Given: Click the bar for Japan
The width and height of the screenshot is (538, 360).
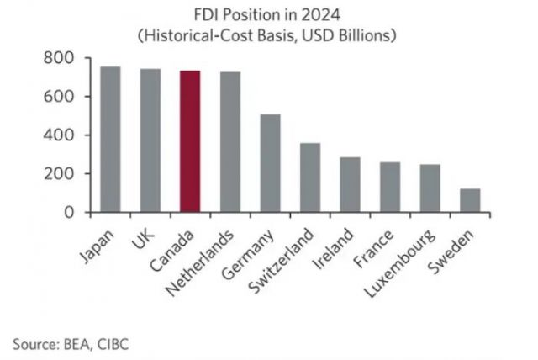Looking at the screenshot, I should click(110, 140).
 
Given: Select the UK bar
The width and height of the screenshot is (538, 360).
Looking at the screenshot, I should click(150, 140).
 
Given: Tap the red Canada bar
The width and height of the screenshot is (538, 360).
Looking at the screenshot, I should click(190, 141).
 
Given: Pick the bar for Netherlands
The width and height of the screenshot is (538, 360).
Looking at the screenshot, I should click(230, 142).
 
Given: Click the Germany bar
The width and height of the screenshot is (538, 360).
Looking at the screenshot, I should click(270, 163).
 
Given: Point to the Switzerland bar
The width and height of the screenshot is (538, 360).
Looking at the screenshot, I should click(310, 177).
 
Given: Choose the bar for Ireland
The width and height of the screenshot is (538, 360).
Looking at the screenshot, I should click(350, 185).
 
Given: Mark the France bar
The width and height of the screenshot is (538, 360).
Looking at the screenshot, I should click(390, 188).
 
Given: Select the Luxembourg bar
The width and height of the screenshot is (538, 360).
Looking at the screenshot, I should click(430, 188).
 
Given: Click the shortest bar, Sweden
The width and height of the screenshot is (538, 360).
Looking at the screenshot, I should click(470, 200).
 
